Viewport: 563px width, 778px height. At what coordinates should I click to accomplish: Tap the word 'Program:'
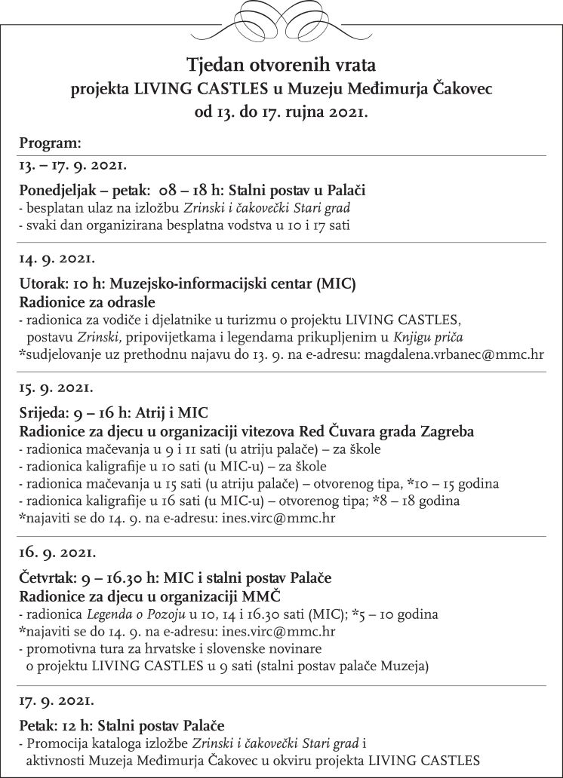(51, 142)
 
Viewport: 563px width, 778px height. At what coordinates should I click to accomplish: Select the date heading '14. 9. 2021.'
(57, 259)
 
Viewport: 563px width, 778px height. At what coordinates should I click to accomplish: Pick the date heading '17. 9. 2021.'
(57, 700)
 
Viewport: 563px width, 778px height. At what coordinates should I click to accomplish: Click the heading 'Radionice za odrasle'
(87, 302)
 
